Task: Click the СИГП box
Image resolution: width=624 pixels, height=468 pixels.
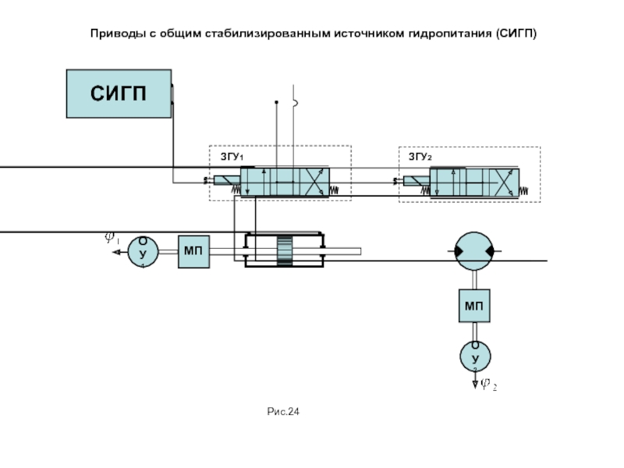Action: [119, 94]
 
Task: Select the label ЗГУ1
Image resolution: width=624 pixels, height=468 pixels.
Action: [232, 157]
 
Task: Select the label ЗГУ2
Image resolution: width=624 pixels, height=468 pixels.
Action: [420, 157]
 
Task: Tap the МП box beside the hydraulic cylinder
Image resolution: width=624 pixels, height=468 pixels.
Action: [194, 251]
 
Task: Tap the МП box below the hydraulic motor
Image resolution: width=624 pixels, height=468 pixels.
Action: [474, 305]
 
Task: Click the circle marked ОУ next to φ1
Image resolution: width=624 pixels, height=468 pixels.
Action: [144, 251]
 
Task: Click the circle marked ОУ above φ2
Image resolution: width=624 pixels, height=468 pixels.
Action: [474, 356]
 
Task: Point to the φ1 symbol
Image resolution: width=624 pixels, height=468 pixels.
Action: [112, 238]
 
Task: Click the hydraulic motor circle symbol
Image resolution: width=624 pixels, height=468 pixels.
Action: [474, 250]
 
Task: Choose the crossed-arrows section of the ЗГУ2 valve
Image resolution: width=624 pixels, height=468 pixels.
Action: [504, 183]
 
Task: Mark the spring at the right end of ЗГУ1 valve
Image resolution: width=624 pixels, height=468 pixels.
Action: [335, 190]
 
